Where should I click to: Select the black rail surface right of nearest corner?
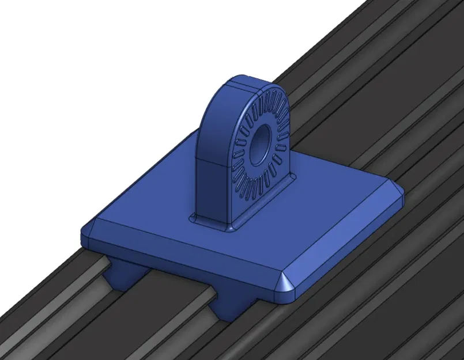coord(369,288)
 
